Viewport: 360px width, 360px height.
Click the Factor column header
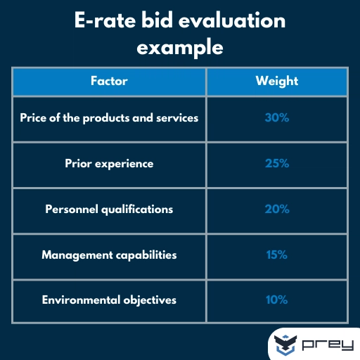click(109, 81)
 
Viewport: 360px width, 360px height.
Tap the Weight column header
click(276, 81)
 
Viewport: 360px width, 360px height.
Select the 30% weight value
click(276, 118)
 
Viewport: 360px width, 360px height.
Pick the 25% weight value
click(276, 164)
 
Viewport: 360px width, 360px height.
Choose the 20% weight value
click(276, 210)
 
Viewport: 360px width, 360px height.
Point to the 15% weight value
click(276, 255)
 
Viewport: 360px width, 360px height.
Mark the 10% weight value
click(276, 300)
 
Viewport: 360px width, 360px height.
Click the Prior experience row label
click(109, 164)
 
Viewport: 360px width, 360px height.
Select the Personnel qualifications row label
click(109, 210)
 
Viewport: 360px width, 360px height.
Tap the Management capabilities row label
click(109, 255)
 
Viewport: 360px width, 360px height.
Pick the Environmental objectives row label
click(109, 300)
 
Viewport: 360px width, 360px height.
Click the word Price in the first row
click(33, 118)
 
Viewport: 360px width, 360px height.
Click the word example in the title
click(180, 48)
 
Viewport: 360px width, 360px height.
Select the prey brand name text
click(328, 345)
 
